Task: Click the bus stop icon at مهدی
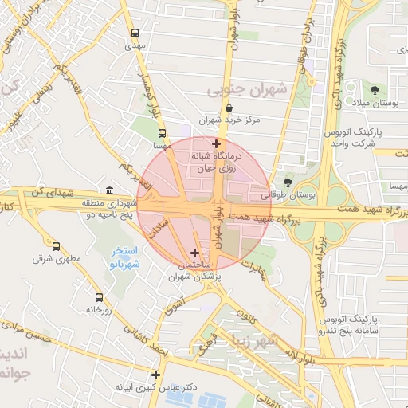[135, 33]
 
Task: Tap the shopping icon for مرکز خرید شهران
[229, 108]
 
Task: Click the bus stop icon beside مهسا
[163, 134]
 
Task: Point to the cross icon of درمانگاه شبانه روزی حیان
[216, 143]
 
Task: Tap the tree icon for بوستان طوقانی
[288, 182]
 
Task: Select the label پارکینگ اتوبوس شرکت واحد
[351, 136]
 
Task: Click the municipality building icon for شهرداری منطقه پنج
[109, 190]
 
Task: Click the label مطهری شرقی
[52, 258]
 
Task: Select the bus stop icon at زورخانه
[99, 296]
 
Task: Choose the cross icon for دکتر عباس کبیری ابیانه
[155, 375]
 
